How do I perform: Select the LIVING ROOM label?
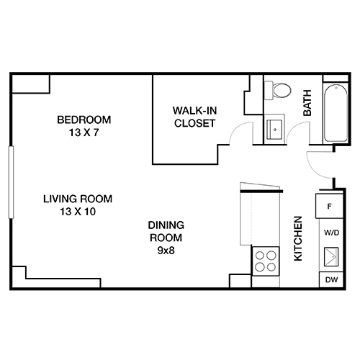[x=78, y=199]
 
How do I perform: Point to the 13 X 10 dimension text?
[x=78, y=212]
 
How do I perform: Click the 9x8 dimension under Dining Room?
[x=166, y=250]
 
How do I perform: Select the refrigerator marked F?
[x=330, y=207]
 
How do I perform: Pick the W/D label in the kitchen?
[x=330, y=233]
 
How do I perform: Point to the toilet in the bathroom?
[x=279, y=91]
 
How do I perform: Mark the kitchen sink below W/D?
[x=330, y=256]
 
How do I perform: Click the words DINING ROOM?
[x=166, y=230]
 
